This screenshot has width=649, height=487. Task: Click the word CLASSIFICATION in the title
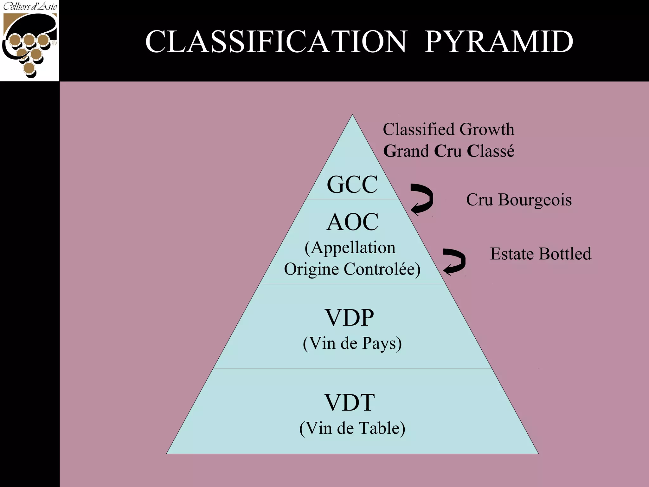tap(276, 42)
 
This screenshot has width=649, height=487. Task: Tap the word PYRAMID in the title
tap(499, 42)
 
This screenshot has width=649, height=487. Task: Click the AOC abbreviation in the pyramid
tap(352, 222)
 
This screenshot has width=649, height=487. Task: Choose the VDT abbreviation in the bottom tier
tap(350, 402)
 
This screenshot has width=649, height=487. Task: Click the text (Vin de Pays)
tap(352, 343)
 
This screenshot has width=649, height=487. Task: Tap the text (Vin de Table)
tap(352, 428)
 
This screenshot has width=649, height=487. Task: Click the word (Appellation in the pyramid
tap(350, 248)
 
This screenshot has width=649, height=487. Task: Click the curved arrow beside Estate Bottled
tap(454, 261)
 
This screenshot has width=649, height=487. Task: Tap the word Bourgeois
tap(535, 200)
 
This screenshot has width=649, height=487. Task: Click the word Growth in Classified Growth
tap(487, 129)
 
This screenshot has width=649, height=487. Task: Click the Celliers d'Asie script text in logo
tap(30, 6)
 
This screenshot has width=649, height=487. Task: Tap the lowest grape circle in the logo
tap(29, 68)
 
